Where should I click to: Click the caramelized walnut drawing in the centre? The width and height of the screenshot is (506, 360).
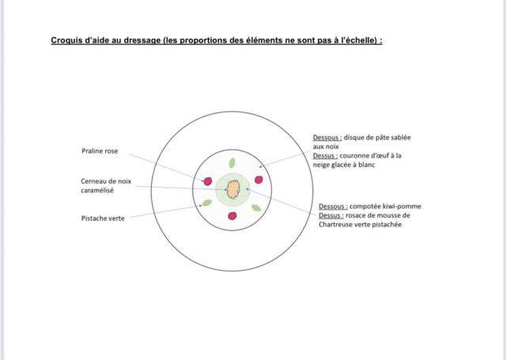233,190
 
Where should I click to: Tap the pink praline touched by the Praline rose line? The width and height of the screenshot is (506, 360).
208,181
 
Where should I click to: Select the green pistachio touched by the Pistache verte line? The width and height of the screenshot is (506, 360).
207,203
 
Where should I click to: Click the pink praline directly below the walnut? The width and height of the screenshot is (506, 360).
232,216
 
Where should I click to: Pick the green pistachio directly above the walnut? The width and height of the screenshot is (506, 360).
232,163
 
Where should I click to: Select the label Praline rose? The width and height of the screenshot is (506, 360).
100,151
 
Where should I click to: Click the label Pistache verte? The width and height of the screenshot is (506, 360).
103,218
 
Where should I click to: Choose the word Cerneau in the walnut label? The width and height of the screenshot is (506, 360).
93,181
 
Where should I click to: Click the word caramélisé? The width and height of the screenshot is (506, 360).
97,191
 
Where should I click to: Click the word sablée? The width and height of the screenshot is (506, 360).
401,138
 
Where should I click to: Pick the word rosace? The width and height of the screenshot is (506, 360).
356,215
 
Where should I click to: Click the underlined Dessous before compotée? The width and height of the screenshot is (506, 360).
333,207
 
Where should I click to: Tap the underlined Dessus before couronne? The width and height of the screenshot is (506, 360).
325,156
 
